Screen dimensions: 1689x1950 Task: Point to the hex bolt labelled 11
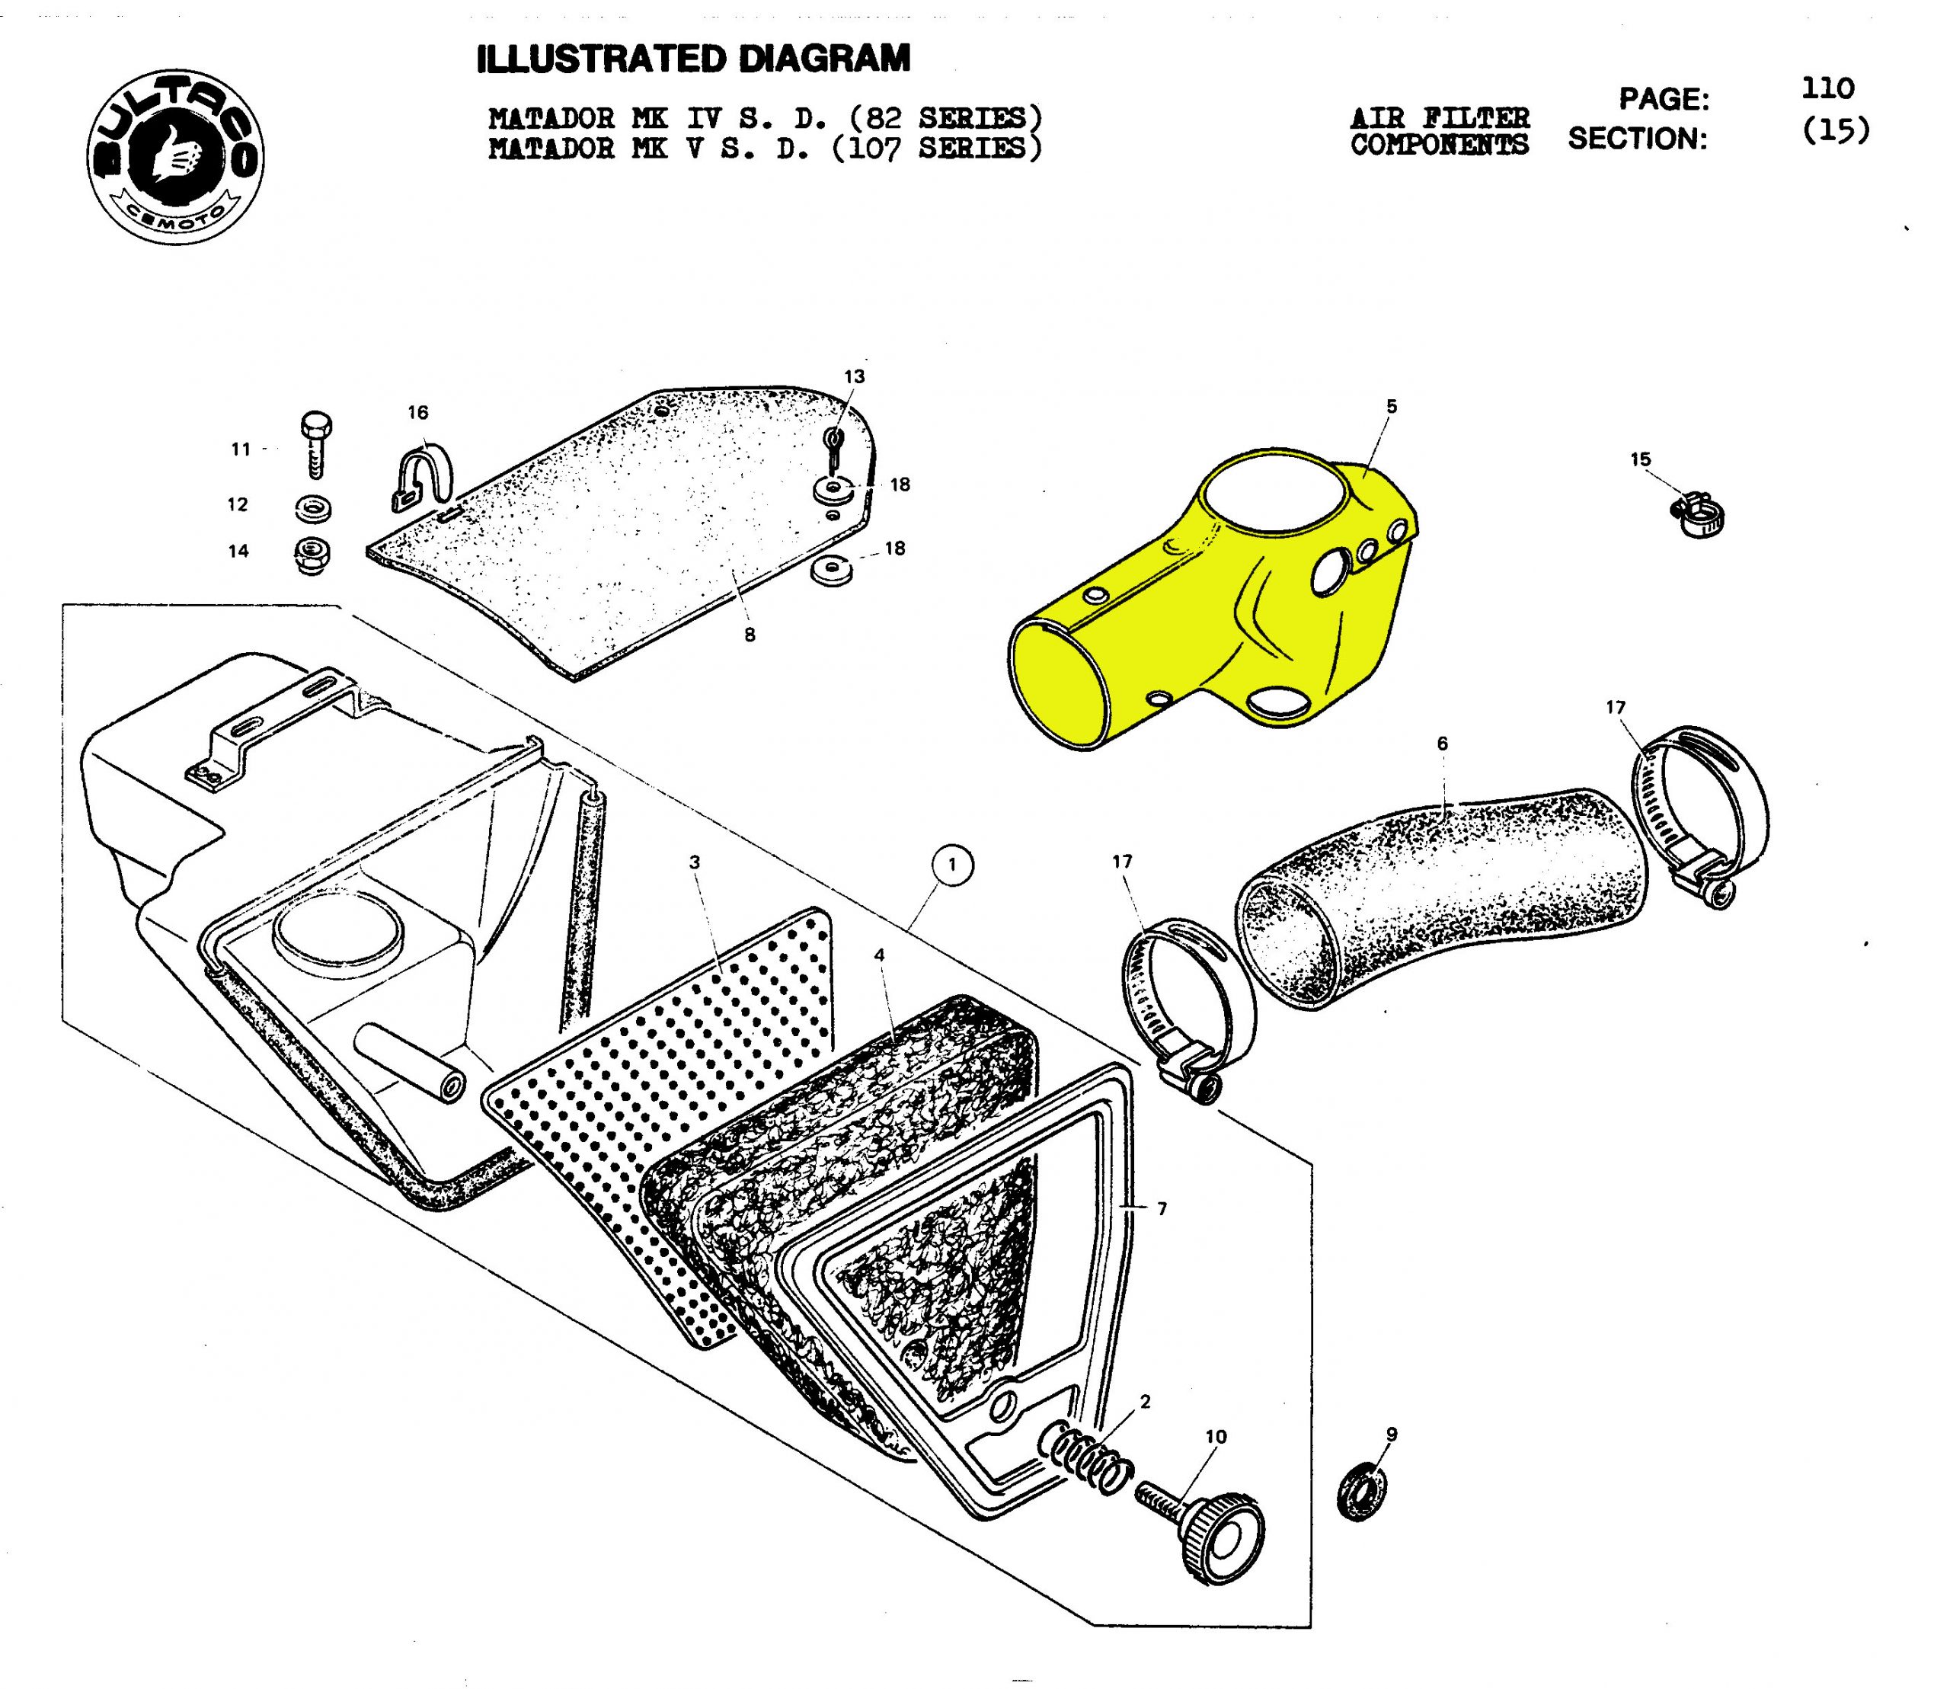[x=314, y=445]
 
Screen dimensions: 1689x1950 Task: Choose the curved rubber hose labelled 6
[x=1442, y=895]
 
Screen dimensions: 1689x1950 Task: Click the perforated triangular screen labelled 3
[x=679, y=1112]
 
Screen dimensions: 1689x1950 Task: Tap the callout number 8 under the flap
[x=750, y=635]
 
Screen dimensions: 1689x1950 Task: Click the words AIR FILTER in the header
[x=1439, y=118]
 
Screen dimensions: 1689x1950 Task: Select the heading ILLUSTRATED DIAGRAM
[x=694, y=59]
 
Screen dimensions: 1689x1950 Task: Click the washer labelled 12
[x=312, y=508]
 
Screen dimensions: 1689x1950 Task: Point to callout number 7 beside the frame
[x=1162, y=1208]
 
